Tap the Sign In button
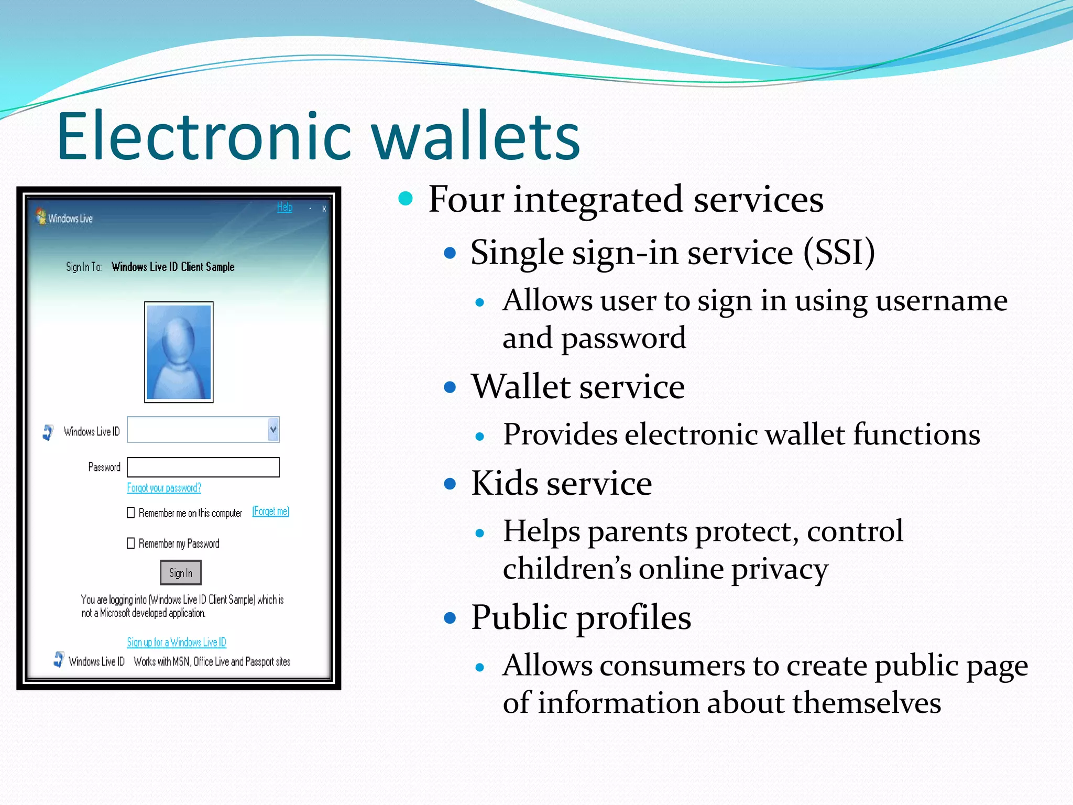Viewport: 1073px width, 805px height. (x=181, y=573)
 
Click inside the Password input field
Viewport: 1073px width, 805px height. (x=203, y=467)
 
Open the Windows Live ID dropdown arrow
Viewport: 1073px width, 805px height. (x=273, y=430)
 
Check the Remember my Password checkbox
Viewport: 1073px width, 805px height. (x=131, y=543)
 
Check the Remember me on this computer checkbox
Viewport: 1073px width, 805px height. (x=131, y=512)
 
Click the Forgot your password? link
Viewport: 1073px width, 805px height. (x=164, y=488)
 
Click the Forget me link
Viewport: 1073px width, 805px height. (x=270, y=511)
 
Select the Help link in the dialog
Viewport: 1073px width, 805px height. (x=284, y=207)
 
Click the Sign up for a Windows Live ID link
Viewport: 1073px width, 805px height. (x=177, y=642)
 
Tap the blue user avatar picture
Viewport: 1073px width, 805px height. (x=179, y=352)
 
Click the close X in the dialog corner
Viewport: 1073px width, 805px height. (x=324, y=209)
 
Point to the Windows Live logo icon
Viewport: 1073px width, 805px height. (x=41, y=216)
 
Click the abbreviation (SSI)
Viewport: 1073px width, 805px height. (x=839, y=253)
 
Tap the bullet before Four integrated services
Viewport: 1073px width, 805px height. (x=406, y=199)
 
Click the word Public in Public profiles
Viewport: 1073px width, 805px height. (x=519, y=617)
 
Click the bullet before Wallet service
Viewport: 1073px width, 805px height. (x=450, y=387)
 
